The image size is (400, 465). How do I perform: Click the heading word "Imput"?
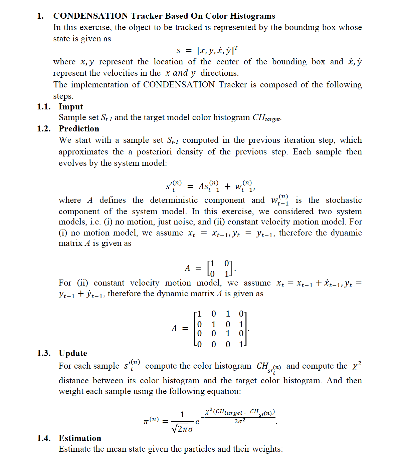71,107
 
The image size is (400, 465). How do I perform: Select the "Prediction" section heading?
79,129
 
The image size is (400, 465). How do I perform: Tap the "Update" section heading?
73,353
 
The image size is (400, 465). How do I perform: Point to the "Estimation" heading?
80,438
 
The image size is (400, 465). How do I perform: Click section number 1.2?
44,129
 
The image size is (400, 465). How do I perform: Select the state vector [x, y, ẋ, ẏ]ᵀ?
217,50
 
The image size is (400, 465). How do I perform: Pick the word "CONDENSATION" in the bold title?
90,16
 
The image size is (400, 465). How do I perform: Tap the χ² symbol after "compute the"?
356,366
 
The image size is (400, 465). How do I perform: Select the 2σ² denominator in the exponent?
240,421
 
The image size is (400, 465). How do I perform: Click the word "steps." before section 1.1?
63,96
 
